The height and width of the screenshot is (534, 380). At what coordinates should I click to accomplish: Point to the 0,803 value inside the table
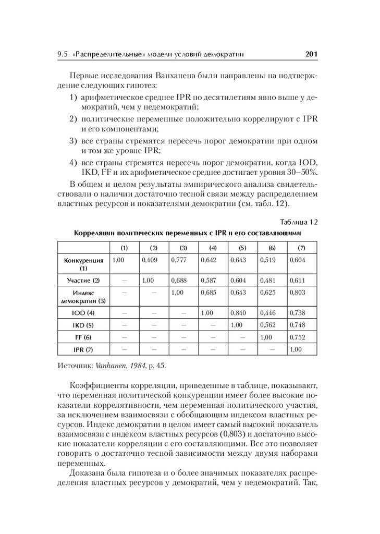(297, 293)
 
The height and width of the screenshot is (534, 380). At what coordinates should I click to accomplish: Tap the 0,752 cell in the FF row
(297, 337)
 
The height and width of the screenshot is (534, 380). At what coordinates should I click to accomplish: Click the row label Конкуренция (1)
(83, 264)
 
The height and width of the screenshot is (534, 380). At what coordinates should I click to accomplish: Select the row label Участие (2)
(83, 281)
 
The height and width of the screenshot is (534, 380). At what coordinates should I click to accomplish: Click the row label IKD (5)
(83, 325)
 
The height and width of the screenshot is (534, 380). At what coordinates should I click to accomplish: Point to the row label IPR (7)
(83, 349)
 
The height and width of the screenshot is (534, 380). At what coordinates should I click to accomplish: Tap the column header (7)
(301, 247)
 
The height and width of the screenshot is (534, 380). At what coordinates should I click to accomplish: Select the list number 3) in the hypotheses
(74, 141)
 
